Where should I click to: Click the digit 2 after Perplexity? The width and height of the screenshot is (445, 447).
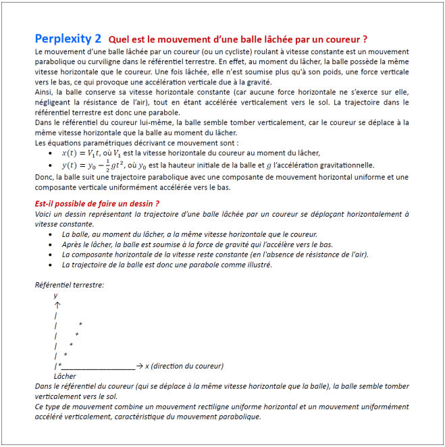tap(99, 38)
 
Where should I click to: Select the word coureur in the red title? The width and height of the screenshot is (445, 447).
tap(341, 39)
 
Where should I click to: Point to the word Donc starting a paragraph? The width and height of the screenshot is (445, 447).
tap(44, 177)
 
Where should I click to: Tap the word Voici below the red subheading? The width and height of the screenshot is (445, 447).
tap(44, 214)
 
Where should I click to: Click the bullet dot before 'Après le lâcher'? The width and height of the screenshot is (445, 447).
tap(53, 244)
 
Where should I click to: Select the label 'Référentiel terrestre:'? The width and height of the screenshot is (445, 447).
tap(69, 285)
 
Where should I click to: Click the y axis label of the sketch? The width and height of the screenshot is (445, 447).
tap(55, 295)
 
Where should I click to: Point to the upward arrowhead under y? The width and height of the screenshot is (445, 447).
tap(57, 305)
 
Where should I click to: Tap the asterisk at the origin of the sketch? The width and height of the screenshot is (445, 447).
tap(59, 366)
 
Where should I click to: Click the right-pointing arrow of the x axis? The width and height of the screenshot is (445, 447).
tap(138, 366)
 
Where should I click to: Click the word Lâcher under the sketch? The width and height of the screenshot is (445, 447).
tap(65, 376)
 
